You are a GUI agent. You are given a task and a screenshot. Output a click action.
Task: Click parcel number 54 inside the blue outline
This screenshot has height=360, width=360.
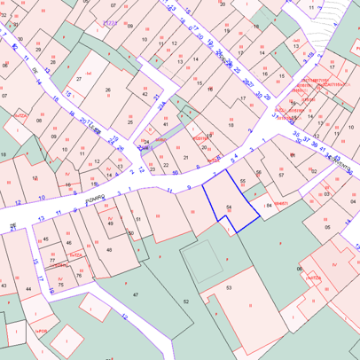pyautogui.click(x=228, y=207)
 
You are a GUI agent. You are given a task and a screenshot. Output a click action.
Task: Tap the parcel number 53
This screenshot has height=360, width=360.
pyautogui.click(x=229, y=288)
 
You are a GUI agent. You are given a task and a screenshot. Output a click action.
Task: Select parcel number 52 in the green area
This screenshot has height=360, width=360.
pyautogui.click(x=186, y=301)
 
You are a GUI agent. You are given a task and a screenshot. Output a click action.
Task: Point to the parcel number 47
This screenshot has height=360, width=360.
pyautogui.click(x=136, y=293)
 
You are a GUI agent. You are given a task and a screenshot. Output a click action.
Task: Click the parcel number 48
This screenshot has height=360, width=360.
pyautogui.click(x=109, y=250)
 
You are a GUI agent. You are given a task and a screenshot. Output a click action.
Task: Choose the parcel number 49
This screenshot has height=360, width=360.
pyautogui.click(x=111, y=223)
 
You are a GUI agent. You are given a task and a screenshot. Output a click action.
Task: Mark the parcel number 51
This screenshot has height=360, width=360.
pyautogui.click(x=138, y=218)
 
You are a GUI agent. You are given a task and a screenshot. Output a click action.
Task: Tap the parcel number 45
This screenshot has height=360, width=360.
pyautogui.click(x=45, y=239)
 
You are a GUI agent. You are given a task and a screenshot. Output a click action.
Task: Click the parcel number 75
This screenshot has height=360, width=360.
pyautogui.click(x=61, y=284)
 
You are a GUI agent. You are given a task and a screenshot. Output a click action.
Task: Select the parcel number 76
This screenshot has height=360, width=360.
pyautogui.click(x=79, y=275)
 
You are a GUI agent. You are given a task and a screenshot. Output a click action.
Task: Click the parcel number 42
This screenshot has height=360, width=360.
pyautogui.click(x=145, y=93)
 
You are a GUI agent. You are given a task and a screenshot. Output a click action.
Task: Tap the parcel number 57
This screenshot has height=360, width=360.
pyautogui.click(x=281, y=175)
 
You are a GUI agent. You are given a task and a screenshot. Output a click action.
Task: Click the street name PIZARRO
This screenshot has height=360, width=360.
pyautogui.click(x=96, y=202)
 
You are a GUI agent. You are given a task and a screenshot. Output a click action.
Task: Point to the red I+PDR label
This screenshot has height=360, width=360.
pyautogui.click(x=40, y=330)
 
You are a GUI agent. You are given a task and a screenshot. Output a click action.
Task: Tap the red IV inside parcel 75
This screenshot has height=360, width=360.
pyautogui.click(x=59, y=278)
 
